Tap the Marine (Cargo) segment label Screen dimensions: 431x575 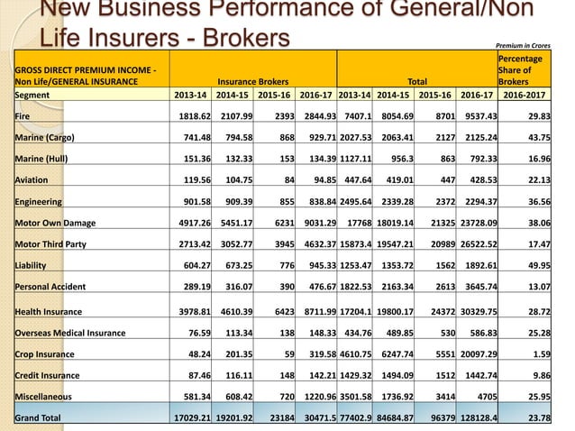[x=44, y=137]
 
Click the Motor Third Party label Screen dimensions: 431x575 [x=50, y=243]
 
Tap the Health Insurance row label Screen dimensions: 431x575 [x=50, y=311]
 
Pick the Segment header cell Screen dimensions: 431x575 [x=33, y=94]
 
